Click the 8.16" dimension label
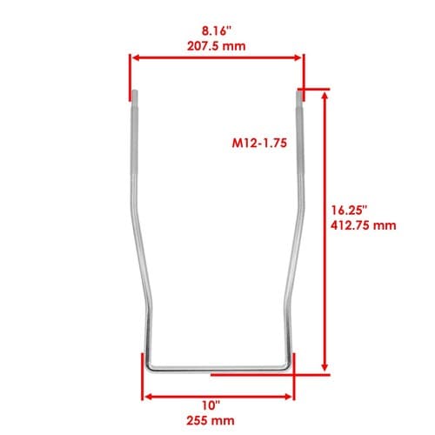[x=216, y=31]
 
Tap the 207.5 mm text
[x=216, y=46]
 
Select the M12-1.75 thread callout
[x=259, y=143]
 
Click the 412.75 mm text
[x=364, y=225]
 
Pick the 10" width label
[x=211, y=405]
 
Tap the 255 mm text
[x=211, y=420]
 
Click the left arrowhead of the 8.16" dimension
[x=136, y=57]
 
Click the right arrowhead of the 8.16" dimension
[x=298, y=57]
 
